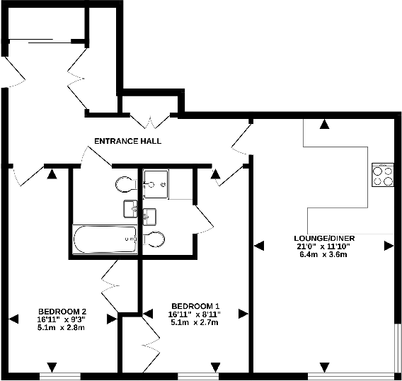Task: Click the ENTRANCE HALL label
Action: [x=127, y=141]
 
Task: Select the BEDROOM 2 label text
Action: [x=62, y=312]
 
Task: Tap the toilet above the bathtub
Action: [x=125, y=185]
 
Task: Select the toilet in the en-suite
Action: [x=154, y=238]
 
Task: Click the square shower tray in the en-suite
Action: [x=156, y=184]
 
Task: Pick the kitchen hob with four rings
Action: [x=383, y=175]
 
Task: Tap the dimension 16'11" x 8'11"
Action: [x=195, y=314]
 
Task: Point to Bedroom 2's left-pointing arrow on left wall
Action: [x=14, y=319]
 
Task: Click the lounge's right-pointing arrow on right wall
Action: [x=389, y=246]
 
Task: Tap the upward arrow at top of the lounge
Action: [x=323, y=125]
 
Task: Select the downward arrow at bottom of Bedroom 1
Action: [x=213, y=367]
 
